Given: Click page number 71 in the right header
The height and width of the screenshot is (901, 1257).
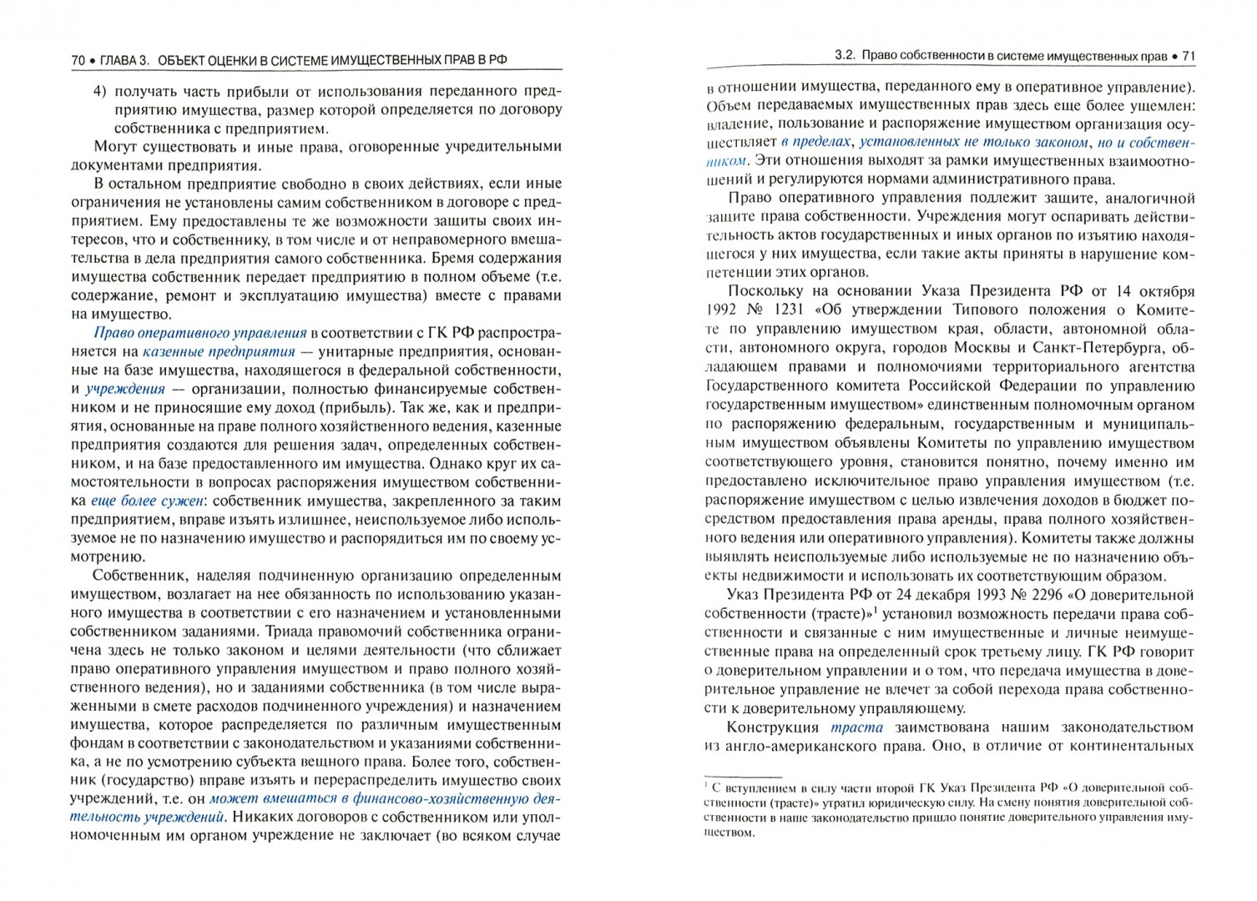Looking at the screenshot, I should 1189,57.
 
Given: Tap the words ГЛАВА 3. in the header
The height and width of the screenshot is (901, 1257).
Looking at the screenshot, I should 124,60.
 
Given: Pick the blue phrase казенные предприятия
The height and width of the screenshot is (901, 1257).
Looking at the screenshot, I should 219,351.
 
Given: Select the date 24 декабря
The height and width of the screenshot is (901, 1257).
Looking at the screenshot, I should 908,595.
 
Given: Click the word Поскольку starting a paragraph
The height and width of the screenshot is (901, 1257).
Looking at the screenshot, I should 767,291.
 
